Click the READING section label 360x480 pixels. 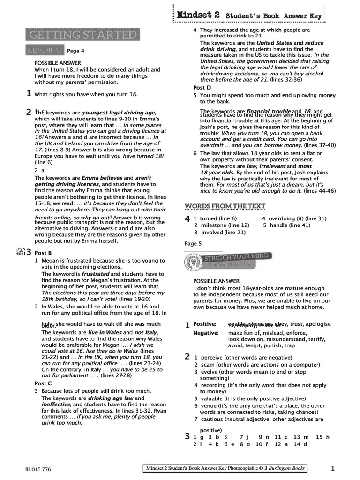coord(44,50)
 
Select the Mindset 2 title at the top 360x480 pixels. coord(198,15)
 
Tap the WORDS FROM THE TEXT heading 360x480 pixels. coord(225,206)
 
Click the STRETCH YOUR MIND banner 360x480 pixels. coord(236,257)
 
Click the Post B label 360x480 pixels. coord(43,253)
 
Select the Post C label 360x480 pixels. coord(43,383)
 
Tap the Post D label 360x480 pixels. coord(202,88)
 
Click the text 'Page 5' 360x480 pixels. coord(193,243)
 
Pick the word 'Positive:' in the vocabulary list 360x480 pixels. coord(205,324)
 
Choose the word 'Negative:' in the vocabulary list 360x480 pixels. coord(206,333)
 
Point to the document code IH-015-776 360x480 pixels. coord(38,468)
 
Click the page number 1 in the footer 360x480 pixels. coord(332,468)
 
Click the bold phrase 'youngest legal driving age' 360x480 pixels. coord(118,112)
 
